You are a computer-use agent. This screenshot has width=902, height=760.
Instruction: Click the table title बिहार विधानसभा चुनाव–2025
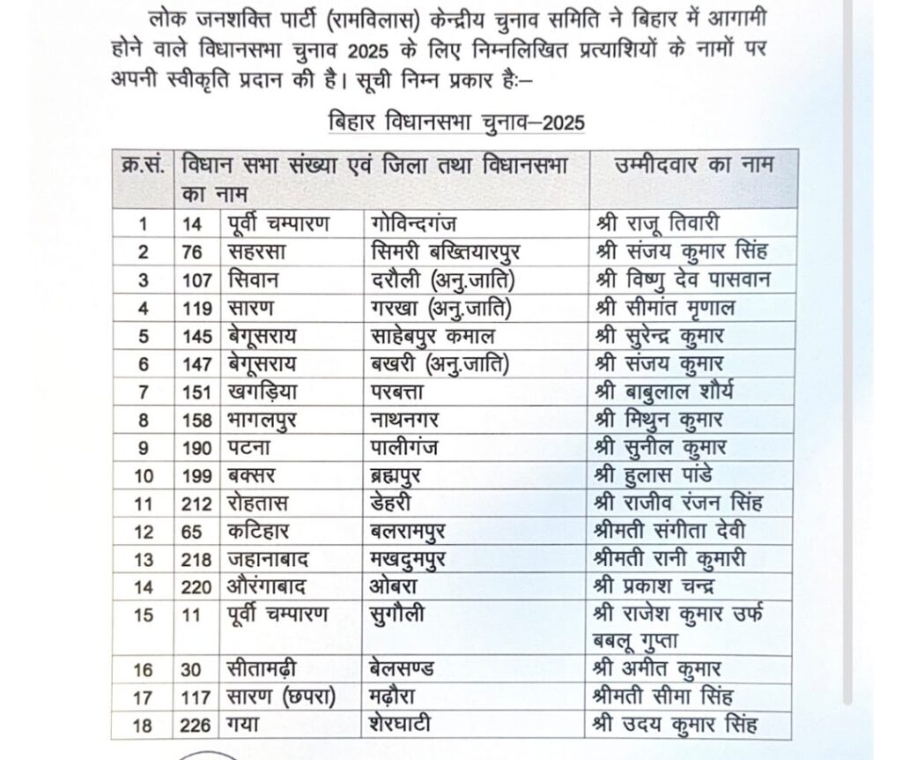tap(455, 123)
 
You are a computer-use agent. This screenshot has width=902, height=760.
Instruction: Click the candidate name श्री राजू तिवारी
tap(662, 223)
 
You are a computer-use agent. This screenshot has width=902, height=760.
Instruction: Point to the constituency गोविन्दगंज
tap(418, 224)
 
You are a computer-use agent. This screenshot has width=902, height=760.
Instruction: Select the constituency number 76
tap(193, 251)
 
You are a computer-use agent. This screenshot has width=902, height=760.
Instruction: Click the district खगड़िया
tap(257, 391)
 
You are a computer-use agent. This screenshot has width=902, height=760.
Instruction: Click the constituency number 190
tap(196, 448)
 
